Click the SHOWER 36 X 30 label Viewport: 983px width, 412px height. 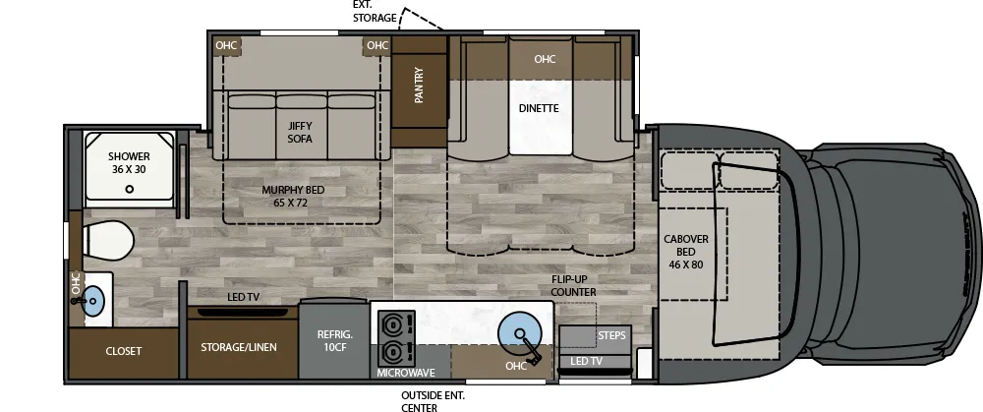tap(129, 162)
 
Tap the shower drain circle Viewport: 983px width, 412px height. tap(130, 190)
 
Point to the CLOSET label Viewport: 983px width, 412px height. tap(124, 351)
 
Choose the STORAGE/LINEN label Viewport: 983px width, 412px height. tap(239, 347)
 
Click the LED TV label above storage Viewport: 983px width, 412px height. tap(243, 297)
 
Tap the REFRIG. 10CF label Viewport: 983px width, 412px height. tap(334, 340)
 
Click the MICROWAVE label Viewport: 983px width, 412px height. tap(406, 374)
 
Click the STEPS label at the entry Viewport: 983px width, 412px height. tap(611, 336)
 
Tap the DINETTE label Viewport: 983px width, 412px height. tap(539, 108)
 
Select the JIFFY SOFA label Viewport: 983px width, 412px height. tap(300, 132)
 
